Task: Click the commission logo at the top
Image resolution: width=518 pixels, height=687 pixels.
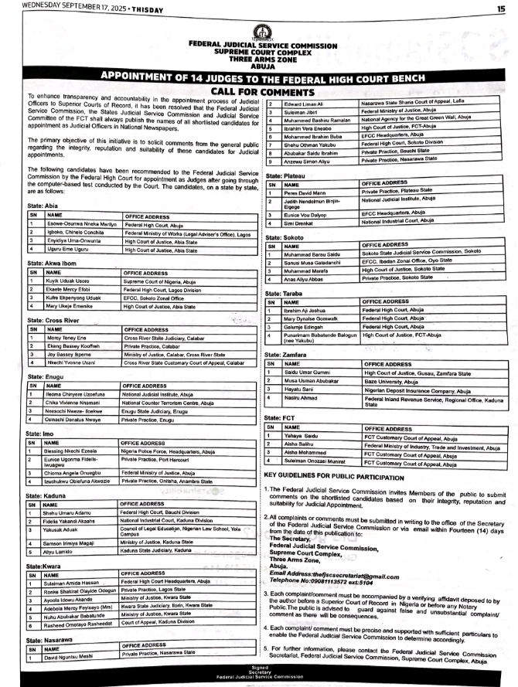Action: pos(263,33)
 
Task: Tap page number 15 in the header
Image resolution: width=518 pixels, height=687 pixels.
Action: pos(500,8)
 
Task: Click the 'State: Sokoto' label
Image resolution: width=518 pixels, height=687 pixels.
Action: pos(286,236)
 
